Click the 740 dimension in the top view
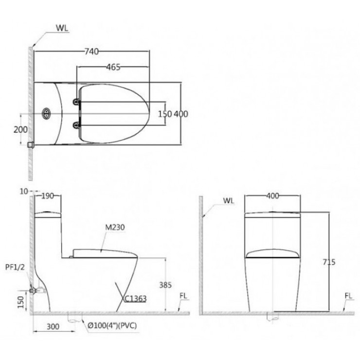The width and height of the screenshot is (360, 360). pos(91,52)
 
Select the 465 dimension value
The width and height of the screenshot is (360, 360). pos(113,67)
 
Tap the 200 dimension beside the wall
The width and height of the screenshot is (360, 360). pos(20,130)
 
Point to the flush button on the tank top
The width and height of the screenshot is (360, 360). pos(46,113)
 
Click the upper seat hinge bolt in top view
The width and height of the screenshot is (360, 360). pos(76,102)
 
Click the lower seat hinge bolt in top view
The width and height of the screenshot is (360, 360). pos(76,125)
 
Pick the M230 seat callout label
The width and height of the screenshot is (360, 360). pos(115,227)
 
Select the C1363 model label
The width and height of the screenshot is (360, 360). pos(135,299)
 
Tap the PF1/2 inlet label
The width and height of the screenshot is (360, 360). pos(15,267)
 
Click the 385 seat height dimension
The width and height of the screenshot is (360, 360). pos(165,285)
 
